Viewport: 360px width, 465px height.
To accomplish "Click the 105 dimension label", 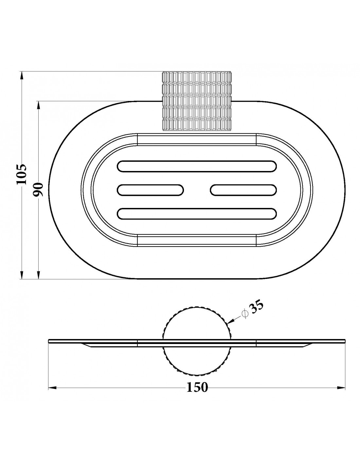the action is point(21,174).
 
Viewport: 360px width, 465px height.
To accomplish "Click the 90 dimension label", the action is point(38,189).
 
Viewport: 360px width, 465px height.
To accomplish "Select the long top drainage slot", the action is point(197,166).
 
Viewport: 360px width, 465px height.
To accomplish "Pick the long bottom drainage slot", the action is point(197,214).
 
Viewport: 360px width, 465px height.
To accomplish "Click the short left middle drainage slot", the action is point(150,190).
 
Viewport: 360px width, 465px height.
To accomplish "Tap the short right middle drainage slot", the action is point(243,190).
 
